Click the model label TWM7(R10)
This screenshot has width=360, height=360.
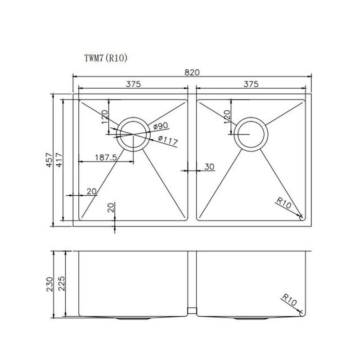tap(107, 58)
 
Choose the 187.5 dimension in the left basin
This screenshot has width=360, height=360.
tap(106, 157)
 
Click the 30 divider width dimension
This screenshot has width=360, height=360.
tap(209, 166)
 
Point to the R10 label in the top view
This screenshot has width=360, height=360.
tap(285, 204)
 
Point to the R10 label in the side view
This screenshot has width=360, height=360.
tap(291, 301)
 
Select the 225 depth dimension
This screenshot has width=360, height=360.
tap(62, 284)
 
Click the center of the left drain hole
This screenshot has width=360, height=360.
tap(133, 135)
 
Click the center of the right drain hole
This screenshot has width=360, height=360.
tap(251, 135)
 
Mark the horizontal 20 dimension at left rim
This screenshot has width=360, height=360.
tap(91, 191)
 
